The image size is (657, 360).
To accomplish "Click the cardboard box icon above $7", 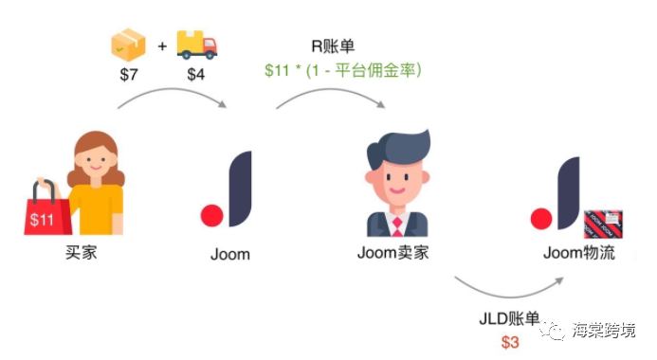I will point(128,43).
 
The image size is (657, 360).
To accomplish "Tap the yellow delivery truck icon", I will point(196,43).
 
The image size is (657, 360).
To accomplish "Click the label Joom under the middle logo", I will point(229,254).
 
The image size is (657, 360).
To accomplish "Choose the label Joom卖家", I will point(396,254).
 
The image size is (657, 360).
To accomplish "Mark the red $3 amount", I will point(510,340).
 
